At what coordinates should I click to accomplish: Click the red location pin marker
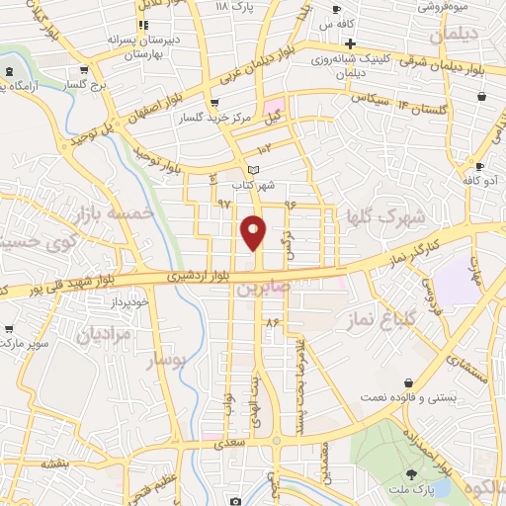click(x=254, y=231)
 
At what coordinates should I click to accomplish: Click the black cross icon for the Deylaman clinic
click(x=350, y=43)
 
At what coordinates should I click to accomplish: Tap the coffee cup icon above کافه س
click(x=336, y=8)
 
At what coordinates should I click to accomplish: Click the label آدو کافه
click(x=481, y=182)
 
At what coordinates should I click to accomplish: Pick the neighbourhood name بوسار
click(x=167, y=362)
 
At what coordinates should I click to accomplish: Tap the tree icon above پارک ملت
click(x=411, y=476)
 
